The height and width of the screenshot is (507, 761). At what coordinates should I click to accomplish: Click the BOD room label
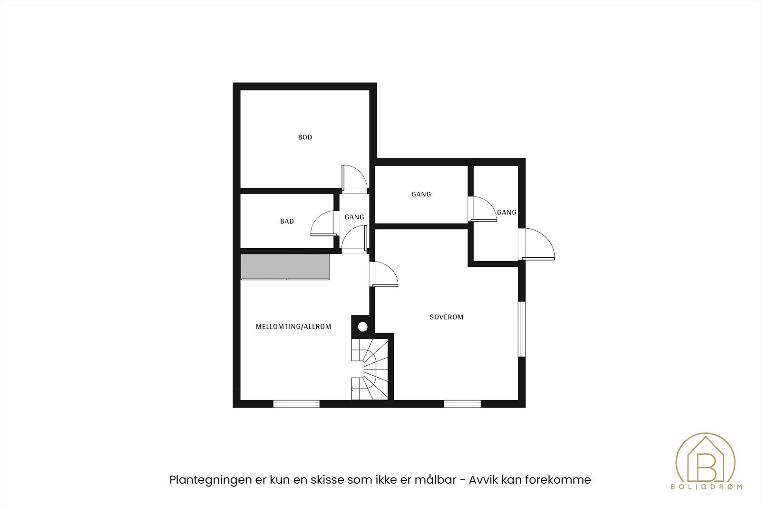(305, 137)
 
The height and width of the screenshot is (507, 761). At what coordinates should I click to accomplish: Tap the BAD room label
(287, 221)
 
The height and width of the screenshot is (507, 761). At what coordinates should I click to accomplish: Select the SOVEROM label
(446, 317)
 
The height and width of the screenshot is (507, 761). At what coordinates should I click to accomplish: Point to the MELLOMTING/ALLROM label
(293, 327)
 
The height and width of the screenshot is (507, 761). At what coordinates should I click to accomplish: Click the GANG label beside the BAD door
(354, 217)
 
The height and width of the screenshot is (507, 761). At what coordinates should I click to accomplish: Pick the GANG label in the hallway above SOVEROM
(421, 195)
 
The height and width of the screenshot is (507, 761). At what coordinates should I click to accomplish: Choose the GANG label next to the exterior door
(507, 213)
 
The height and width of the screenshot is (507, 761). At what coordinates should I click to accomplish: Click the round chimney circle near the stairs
(363, 327)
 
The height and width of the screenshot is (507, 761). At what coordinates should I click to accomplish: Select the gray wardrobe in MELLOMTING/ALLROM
(285, 267)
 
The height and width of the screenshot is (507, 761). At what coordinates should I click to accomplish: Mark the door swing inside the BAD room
(323, 224)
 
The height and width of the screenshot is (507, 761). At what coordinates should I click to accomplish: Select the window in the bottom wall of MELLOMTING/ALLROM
(296, 404)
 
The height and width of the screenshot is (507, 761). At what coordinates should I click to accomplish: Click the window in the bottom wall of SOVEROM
(462, 404)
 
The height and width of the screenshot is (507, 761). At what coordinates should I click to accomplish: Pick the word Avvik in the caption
(483, 480)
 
